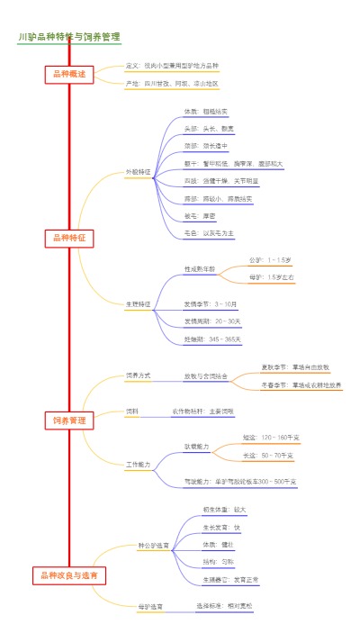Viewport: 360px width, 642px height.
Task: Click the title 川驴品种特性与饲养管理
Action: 69,37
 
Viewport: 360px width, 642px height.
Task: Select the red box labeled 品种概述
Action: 69,75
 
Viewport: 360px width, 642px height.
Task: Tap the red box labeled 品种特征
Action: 69,238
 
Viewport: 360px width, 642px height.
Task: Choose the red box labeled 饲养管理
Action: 69,420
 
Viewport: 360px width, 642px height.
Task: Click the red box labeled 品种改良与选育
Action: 69,574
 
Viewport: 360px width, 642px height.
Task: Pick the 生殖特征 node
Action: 139,304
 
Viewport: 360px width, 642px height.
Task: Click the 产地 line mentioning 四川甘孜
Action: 172,84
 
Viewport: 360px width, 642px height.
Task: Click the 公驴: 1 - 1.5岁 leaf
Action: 272,259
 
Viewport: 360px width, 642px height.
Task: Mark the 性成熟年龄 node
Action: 200,268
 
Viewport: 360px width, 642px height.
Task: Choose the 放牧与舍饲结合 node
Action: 205,375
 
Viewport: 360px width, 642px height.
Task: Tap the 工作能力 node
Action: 139,465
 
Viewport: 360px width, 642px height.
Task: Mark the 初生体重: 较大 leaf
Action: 224,510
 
